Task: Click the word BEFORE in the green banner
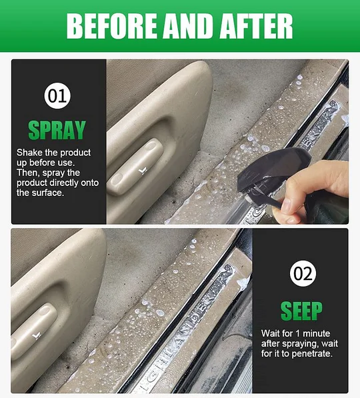(112, 26)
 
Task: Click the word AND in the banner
(189, 26)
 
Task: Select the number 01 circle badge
(57, 96)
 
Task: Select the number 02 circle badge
(303, 273)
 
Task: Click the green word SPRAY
(57, 130)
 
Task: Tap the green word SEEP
(301, 311)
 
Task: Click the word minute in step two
(317, 333)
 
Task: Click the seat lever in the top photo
(135, 166)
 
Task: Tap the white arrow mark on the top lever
(143, 171)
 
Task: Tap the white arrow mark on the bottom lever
(36, 335)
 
